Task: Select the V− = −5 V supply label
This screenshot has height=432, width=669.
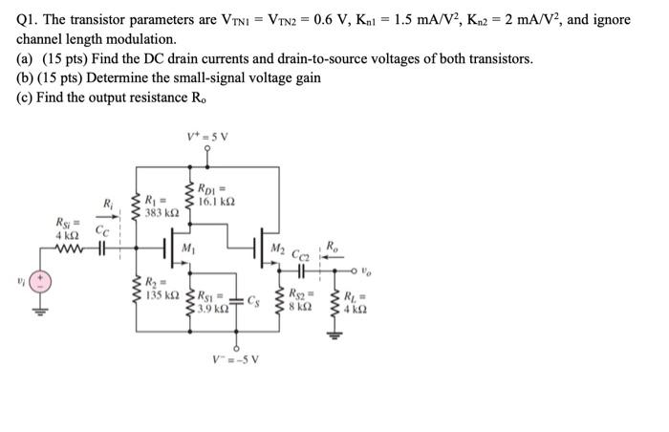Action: click(x=234, y=359)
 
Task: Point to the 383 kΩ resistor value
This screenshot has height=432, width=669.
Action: click(x=158, y=211)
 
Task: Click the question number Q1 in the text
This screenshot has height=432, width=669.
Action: click(x=26, y=19)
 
